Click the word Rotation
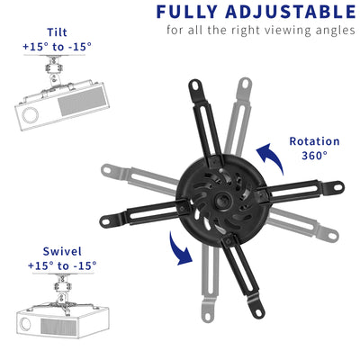314,140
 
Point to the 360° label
314,155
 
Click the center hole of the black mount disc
221,193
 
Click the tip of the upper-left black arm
193,87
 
